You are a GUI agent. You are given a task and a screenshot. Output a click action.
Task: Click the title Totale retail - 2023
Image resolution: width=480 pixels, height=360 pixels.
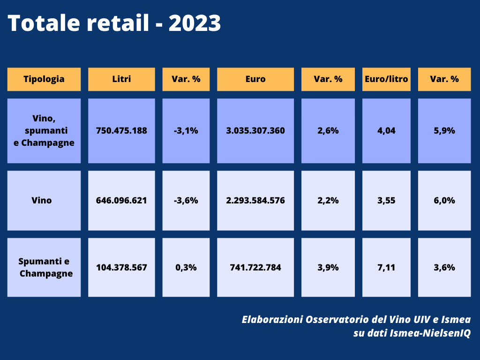coord(114,23)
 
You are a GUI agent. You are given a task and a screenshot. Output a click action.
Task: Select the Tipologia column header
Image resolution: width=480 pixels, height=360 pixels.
coord(44,79)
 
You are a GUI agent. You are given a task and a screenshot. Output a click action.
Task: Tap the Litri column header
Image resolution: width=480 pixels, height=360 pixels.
coord(121,79)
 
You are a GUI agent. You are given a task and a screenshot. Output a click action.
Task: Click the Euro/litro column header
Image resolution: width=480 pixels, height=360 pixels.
coord(386,79)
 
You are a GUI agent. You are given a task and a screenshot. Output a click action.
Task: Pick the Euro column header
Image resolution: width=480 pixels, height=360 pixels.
coord(255,79)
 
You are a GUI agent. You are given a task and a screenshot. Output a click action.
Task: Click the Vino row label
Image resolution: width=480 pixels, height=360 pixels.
coord(44,201)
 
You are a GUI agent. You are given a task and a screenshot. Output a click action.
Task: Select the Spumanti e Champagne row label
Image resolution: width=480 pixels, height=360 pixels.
coord(44,268)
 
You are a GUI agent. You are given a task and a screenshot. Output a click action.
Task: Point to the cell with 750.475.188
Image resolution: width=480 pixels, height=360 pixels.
coord(121,131)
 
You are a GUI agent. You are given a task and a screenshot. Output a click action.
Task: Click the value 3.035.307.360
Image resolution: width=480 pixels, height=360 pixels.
coord(255,131)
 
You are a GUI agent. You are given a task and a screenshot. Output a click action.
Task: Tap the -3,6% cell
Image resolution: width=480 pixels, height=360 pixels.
coord(186,201)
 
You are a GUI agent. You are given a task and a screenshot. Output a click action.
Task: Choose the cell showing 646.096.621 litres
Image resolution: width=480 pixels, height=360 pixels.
coord(121,201)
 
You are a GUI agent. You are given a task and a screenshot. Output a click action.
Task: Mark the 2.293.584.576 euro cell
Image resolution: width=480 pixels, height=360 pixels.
coord(255,201)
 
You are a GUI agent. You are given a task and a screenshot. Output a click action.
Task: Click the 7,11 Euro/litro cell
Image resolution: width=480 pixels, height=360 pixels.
coord(386,268)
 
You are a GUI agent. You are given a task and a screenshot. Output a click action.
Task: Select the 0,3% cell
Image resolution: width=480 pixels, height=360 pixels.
coord(186,268)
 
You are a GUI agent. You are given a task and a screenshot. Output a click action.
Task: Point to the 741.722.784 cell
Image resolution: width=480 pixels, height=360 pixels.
coord(255,268)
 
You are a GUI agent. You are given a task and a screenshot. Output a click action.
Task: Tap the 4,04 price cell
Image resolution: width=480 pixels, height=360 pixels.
coord(386,131)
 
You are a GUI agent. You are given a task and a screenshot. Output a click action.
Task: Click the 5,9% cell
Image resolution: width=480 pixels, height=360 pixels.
coord(444,131)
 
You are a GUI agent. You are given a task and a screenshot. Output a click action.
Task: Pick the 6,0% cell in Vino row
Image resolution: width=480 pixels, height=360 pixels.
coord(444,201)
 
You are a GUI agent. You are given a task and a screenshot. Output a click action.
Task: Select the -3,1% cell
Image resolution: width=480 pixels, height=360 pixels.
coord(186,131)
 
